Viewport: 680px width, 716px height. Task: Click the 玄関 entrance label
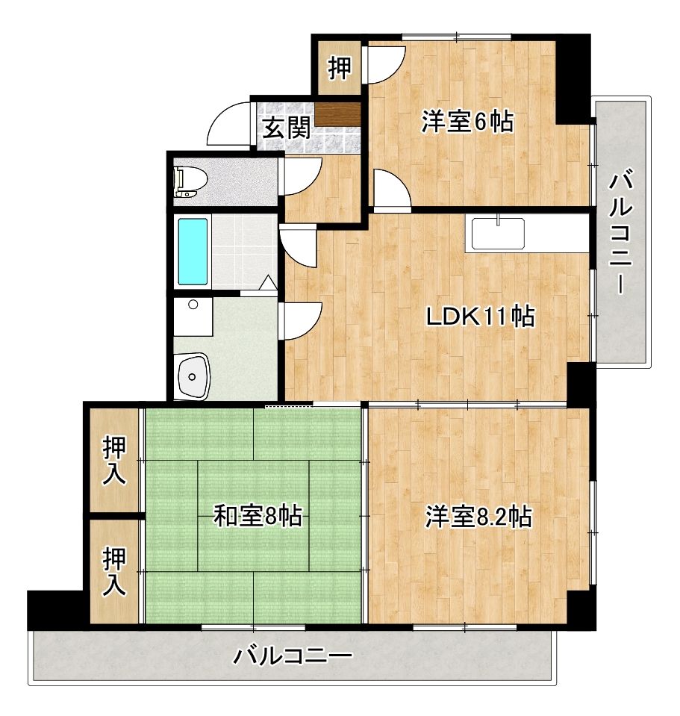coord(286,128)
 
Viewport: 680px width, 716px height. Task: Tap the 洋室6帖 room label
coord(467,122)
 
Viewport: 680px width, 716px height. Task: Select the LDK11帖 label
coord(479,317)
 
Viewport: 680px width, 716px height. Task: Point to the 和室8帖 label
coord(258,515)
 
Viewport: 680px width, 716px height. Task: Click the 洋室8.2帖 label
coord(478,516)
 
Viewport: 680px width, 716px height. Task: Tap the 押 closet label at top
coord(340,69)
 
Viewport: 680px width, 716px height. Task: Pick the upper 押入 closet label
coord(114,461)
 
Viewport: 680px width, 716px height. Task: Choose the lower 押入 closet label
coord(114,571)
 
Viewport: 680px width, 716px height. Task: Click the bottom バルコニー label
coord(293,657)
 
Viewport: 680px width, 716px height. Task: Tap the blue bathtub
coord(192,251)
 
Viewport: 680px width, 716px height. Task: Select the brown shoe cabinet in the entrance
coord(338,113)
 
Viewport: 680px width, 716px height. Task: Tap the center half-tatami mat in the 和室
coord(254,515)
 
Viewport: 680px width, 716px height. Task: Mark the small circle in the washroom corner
coord(193,305)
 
